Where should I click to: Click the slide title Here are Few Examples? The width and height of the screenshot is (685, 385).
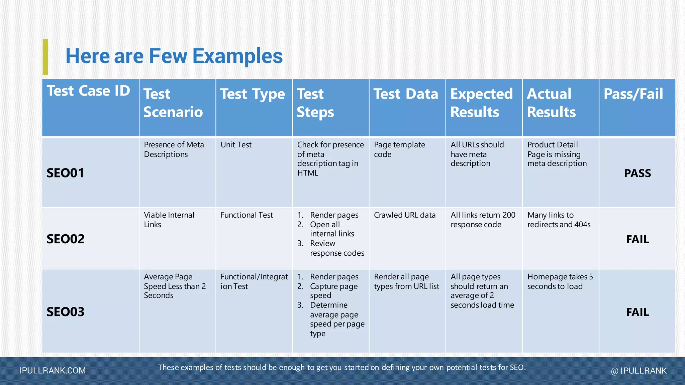tap(174, 56)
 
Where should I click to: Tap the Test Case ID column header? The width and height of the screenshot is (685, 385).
tap(88, 91)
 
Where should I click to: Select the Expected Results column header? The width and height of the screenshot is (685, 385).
tap(481, 103)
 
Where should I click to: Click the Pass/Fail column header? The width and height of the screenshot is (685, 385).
tap(633, 94)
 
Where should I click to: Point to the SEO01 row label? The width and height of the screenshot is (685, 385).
tap(65, 173)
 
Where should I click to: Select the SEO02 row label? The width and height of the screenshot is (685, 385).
tap(66, 239)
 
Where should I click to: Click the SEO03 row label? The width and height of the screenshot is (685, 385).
tap(66, 312)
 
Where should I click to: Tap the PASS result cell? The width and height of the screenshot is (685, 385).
tap(637, 173)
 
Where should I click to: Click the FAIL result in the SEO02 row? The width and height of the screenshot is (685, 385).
tap(637, 239)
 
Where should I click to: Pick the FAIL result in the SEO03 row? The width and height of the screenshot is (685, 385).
tap(637, 312)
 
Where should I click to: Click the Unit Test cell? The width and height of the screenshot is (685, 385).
tap(236, 145)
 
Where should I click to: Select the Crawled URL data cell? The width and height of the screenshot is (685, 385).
tap(404, 215)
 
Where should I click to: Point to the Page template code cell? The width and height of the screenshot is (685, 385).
tap(399, 149)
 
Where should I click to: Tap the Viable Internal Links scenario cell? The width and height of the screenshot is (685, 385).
tap(169, 220)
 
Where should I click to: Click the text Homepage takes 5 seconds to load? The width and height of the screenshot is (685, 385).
tap(560, 281)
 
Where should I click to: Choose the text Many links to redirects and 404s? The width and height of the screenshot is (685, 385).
tap(559, 220)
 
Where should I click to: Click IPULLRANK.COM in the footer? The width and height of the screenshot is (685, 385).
tap(53, 371)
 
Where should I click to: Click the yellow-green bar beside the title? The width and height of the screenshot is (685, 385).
tap(45, 57)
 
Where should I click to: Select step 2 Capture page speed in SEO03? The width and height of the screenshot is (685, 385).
tap(333, 291)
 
